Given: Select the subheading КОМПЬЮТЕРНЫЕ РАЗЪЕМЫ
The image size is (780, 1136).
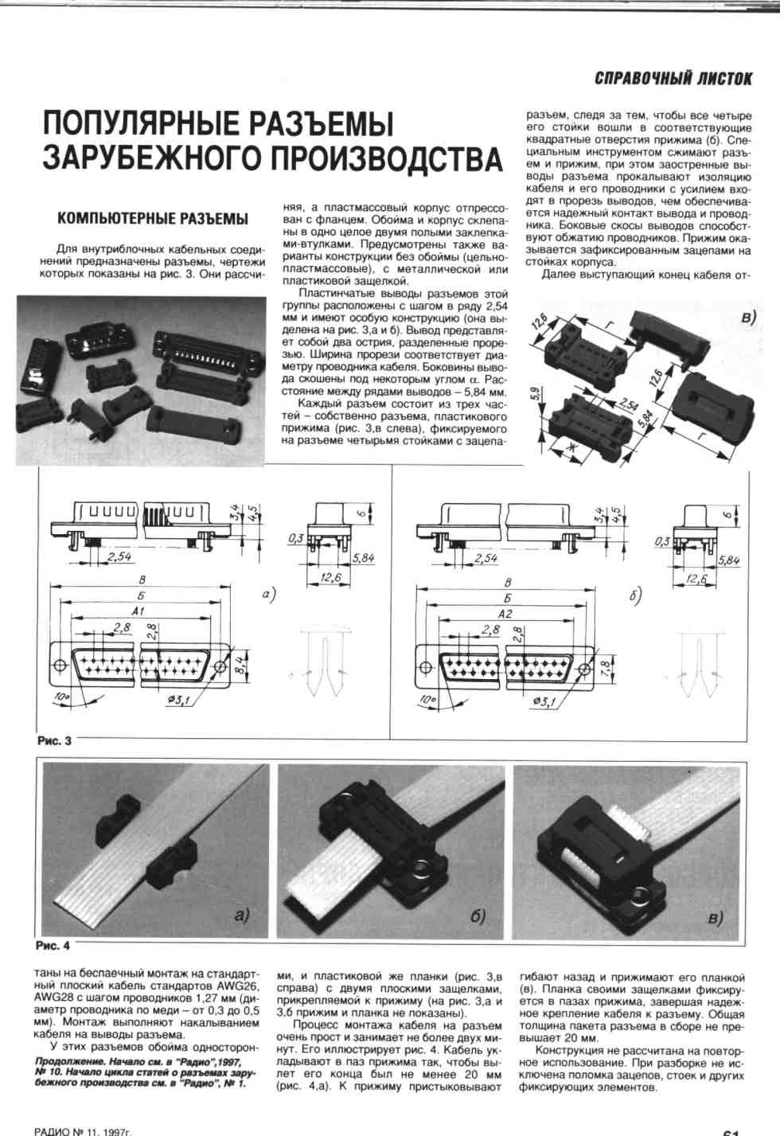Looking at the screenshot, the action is tap(153, 219).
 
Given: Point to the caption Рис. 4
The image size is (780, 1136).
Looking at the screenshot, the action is tap(53, 946).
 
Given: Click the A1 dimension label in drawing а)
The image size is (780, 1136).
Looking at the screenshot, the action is tap(138, 611).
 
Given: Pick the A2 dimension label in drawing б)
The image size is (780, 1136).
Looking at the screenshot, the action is tap(505, 614).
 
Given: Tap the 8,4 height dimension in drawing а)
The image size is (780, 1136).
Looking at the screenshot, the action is tap(243, 663).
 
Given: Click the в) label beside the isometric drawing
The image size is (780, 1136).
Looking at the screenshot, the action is tap(748, 318).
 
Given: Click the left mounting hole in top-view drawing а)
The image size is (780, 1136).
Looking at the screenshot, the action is tap(60, 665).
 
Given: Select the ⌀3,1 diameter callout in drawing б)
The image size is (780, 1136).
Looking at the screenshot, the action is tap(544, 702).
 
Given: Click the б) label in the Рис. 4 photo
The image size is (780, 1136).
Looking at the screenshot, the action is tap(478, 915).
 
